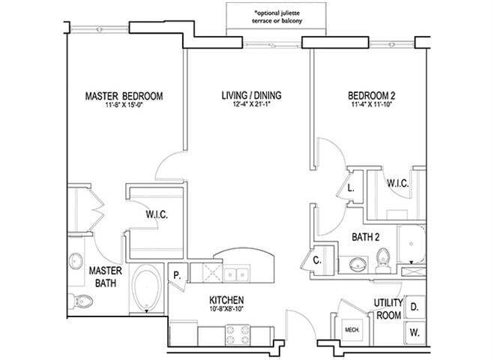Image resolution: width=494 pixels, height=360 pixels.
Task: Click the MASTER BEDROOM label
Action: (x=124, y=96)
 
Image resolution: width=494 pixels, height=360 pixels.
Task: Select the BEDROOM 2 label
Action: (x=373, y=96)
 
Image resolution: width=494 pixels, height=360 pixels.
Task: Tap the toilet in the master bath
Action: (x=85, y=301)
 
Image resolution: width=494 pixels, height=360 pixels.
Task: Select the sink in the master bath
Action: (x=76, y=262)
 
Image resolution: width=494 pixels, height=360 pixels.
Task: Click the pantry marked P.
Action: (x=178, y=274)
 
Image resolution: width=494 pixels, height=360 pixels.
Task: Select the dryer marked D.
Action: (x=415, y=307)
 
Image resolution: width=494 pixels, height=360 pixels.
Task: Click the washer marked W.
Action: (x=415, y=331)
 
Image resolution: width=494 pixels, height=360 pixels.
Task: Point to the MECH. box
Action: (x=351, y=328)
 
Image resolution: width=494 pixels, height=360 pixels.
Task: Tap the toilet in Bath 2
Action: (x=382, y=258)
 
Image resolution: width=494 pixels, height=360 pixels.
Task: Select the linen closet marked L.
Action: (x=351, y=188)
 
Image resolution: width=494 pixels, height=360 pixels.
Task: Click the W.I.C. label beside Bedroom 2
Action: (x=397, y=182)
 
